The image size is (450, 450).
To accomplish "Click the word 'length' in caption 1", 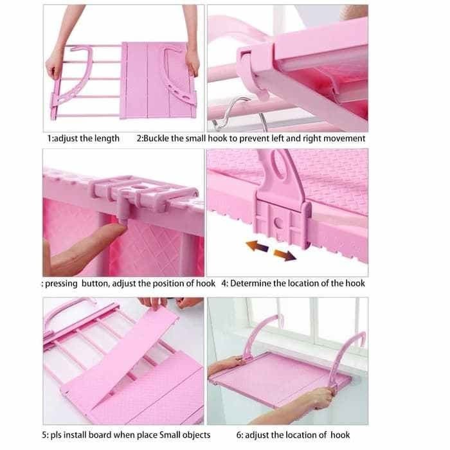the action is (107, 139).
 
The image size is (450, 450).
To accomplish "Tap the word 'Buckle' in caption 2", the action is (156, 138).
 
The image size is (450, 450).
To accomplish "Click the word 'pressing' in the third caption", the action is (61, 284).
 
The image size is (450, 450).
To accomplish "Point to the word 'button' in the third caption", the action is (95, 283).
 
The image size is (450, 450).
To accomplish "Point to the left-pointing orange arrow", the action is (257, 246).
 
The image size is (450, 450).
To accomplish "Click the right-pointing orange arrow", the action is (284, 255).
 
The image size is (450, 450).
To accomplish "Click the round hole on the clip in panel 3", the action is (139, 187).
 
